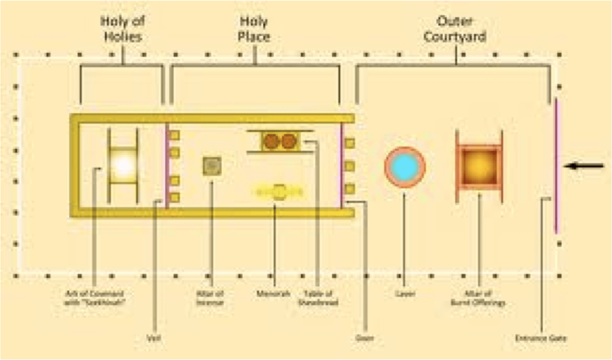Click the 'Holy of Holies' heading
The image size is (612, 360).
point(123,28)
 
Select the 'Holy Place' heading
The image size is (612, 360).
point(253,28)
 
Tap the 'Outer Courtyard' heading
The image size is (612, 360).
point(454,28)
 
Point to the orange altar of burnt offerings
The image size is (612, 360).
point(478,166)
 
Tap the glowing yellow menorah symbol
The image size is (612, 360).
point(278,192)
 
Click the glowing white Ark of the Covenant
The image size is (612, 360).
point(123,165)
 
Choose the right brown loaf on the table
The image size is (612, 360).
point(288,142)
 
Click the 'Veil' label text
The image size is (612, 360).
point(155,337)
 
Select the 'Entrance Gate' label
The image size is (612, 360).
point(541,338)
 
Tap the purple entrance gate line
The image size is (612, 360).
point(556,166)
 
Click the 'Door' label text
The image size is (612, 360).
point(365,338)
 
